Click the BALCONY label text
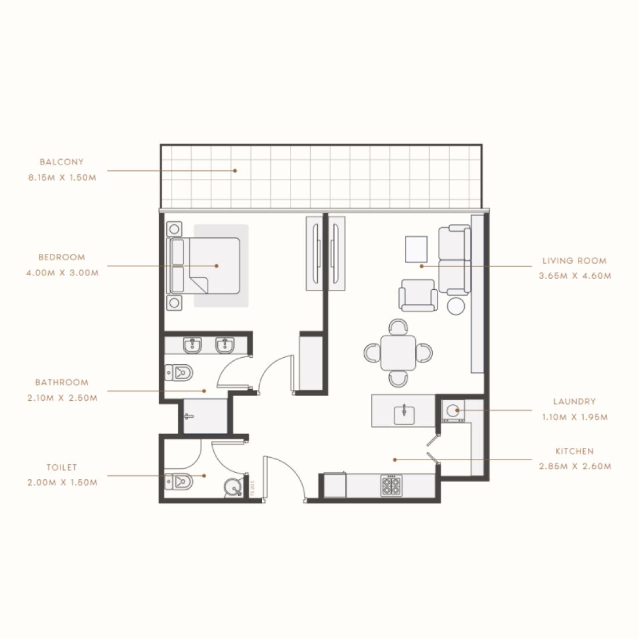click(x=62, y=162)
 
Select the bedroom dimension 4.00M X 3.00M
click(x=62, y=272)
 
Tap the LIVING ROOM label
click(x=575, y=261)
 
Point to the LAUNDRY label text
click(x=575, y=401)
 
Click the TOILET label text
click(x=62, y=467)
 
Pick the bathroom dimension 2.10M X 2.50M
click(x=62, y=398)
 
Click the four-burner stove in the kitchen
click(x=390, y=486)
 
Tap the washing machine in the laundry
click(x=451, y=411)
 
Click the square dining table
click(x=399, y=353)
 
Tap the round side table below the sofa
click(x=457, y=306)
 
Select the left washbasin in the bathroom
click(x=191, y=346)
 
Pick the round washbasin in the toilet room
click(x=235, y=487)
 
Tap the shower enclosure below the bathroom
click(x=205, y=416)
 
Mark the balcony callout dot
click(x=235, y=171)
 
